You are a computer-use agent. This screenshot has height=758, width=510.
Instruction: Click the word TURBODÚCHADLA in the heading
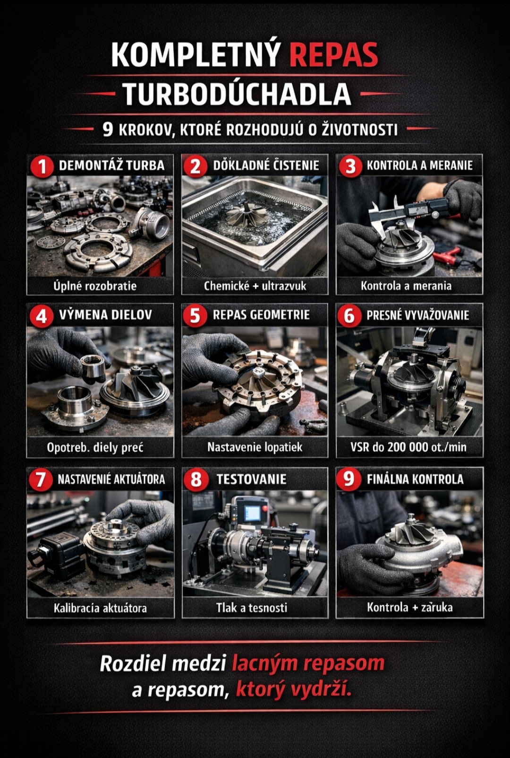coord(237,94)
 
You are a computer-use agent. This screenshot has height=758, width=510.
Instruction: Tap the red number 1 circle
coord(42,166)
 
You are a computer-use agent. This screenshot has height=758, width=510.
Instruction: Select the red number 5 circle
coord(195,315)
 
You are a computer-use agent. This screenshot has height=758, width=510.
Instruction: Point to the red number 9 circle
coord(349,479)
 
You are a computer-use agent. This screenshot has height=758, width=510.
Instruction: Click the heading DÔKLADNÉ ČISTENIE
coord(266,166)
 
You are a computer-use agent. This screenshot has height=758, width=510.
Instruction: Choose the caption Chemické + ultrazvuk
coord(255,286)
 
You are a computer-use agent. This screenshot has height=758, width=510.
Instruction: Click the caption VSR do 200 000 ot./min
coord(408,447)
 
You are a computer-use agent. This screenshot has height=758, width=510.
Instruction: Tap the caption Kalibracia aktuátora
coord(101,608)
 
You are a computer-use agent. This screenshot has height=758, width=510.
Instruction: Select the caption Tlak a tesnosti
coord(252,608)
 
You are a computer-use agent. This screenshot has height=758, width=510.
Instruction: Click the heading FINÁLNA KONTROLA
coord(415,479)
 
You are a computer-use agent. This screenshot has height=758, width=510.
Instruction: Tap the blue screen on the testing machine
coord(253,514)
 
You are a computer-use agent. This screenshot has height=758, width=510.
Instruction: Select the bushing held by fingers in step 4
coord(93,366)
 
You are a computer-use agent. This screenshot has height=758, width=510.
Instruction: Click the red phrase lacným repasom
coord(308,663)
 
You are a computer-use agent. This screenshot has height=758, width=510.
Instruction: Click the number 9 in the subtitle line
coord(108,130)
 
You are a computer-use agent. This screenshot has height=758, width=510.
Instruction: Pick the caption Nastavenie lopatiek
coord(255,447)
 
